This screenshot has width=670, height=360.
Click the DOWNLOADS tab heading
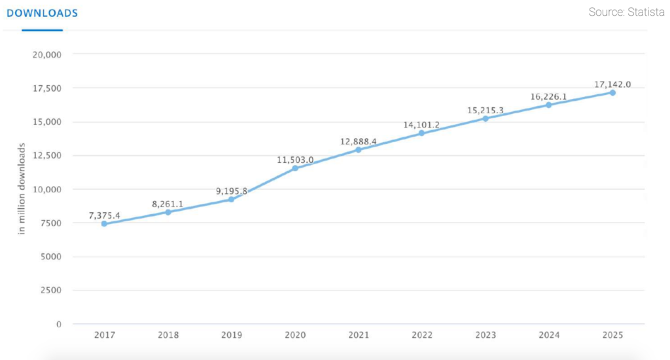[43, 13]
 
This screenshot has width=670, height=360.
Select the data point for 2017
[104, 224]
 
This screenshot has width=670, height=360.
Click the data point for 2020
[295, 168]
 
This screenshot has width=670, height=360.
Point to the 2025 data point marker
[612, 92]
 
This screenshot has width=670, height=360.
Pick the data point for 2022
[421, 133]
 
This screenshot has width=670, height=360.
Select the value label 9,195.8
[232, 190]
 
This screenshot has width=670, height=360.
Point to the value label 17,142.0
[612, 84]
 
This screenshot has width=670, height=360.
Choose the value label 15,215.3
[485, 110]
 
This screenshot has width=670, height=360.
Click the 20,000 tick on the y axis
[46, 54]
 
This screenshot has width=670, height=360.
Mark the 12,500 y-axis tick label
[46, 156]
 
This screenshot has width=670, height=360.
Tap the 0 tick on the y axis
[58, 324]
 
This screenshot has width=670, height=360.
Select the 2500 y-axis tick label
[50, 290]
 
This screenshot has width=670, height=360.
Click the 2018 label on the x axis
[168, 334]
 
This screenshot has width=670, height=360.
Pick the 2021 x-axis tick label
[359, 334]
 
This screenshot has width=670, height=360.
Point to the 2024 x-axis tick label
[549, 334]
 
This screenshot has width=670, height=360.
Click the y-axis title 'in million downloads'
[22, 190]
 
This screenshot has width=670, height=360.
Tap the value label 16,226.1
[549, 96]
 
